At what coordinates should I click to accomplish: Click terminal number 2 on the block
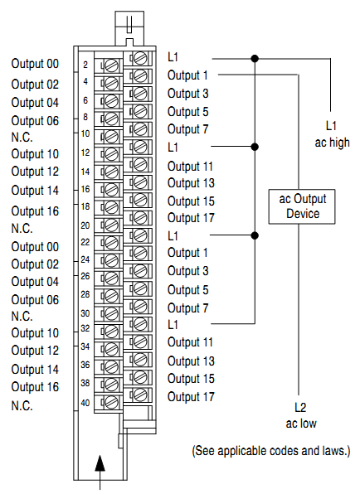(86, 64)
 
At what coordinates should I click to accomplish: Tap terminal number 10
(85, 133)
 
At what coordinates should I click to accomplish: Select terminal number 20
(85, 225)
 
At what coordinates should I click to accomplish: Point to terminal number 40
(85, 403)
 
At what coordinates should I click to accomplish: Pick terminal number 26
(85, 276)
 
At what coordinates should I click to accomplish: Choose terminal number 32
(85, 330)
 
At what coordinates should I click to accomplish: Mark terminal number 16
(85, 188)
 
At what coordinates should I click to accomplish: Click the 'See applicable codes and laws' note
(270, 451)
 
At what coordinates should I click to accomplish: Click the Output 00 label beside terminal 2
(35, 64)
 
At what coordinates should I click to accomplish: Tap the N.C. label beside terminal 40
(22, 405)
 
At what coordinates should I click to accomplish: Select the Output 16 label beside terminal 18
(35, 211)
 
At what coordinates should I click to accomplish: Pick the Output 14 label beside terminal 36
(35, 370)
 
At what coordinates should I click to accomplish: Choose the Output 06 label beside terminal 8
(35, 120)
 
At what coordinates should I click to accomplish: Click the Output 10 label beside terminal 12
(35, 154)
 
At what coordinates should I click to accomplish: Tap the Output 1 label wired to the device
(187, 75)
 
